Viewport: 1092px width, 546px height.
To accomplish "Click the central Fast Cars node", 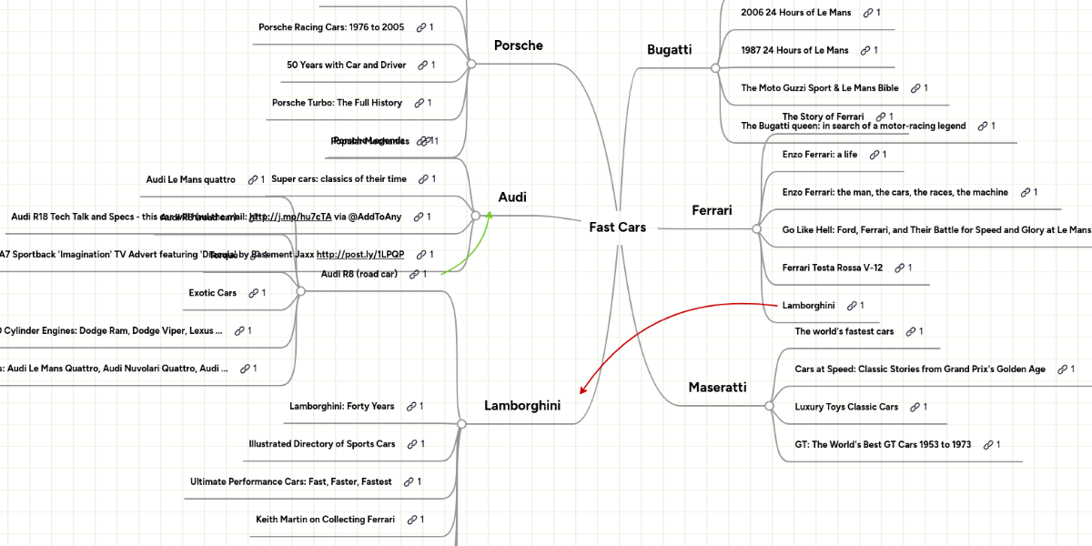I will coord(617,227).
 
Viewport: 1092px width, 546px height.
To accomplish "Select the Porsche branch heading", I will coord(518,45).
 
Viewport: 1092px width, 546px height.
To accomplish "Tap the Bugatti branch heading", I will coord(669,50).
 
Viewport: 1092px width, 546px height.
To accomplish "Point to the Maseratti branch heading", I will coord(717,388).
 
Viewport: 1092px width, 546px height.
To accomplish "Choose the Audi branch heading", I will coord(512,197).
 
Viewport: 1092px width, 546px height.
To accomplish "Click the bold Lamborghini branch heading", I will coord(521,406).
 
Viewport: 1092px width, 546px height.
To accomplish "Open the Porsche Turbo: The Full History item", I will coord(337,103).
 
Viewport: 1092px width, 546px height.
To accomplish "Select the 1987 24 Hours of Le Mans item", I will coord(794,50).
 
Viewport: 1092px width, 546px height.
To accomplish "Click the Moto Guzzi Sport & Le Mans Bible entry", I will coord(819,88).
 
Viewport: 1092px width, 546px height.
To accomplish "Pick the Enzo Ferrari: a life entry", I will coord(819,155).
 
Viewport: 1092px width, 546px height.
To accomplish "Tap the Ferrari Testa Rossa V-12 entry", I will coord(833,268).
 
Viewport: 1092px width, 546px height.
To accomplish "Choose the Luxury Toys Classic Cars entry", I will coord(846,407).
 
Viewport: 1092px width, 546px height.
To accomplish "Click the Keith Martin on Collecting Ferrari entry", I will coord(325,520).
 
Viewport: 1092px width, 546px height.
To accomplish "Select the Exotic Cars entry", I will coord(212,293).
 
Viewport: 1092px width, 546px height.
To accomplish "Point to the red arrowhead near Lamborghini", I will coord(583,389).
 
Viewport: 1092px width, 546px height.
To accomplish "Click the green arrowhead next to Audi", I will coord(489,215).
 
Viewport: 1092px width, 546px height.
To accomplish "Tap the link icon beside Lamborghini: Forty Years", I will coord(411,407).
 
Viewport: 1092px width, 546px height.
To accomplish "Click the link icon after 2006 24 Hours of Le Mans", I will coord(868,13).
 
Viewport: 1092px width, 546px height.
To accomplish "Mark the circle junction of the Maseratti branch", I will coord(769,406).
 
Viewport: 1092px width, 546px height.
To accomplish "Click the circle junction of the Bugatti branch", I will coord(715,68).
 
